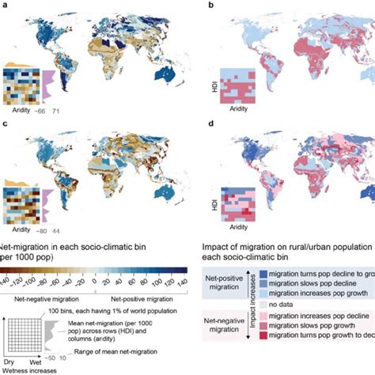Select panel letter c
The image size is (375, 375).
[x=5, y=124]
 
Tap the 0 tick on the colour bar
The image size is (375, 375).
[x=94, y=279]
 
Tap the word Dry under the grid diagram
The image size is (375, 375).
[x=11, y=361]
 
